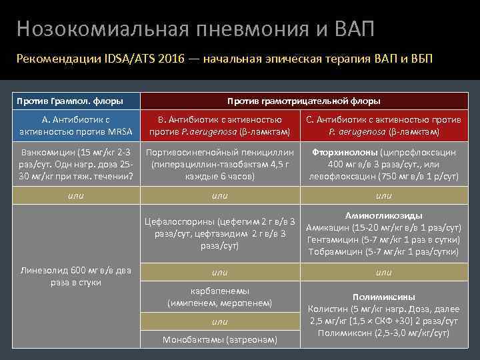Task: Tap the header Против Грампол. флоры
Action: tap(70, 101)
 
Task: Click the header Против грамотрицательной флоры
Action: tap(303, 101)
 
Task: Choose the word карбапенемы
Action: tap(219, 291)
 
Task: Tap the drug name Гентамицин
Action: tap(331, 240)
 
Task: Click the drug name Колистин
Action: tap(327, 309)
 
